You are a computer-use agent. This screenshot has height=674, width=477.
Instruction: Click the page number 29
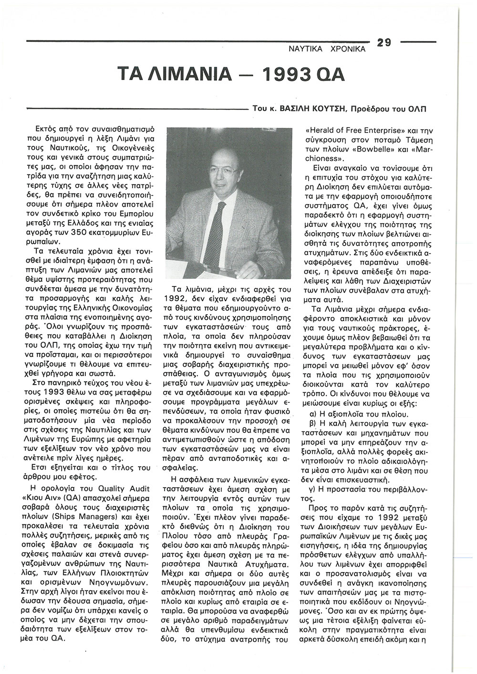click(x=384, y=42)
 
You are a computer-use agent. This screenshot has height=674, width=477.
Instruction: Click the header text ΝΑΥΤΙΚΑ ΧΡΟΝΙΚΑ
click(x=328, y=49)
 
